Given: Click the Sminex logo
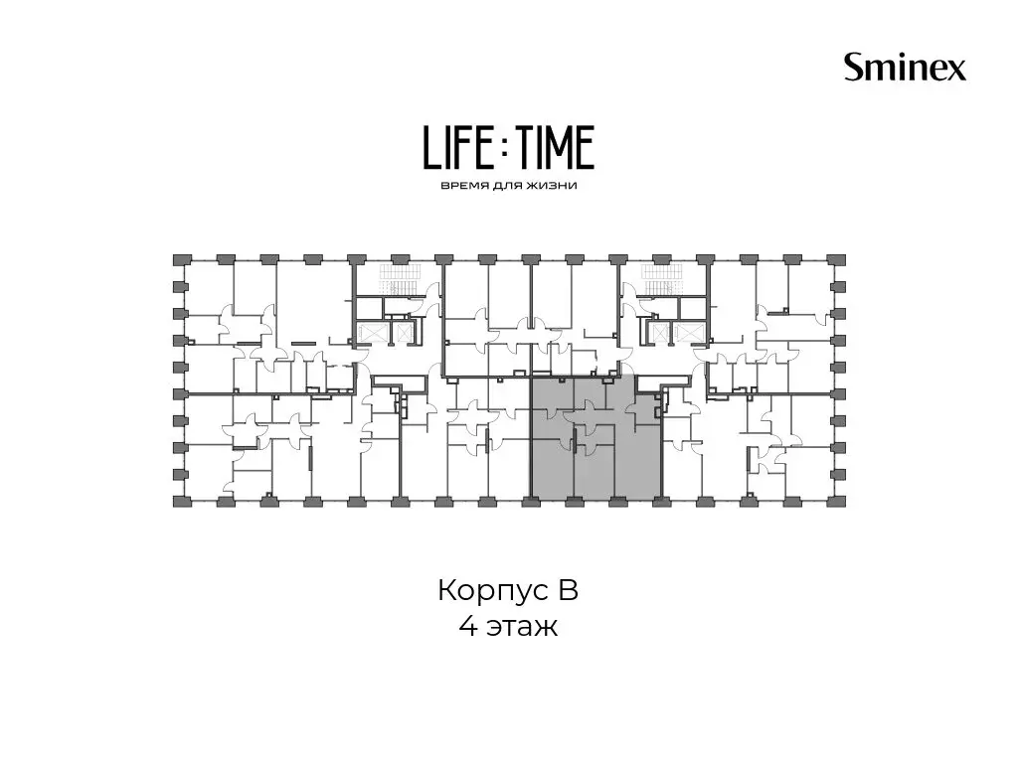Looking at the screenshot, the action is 905,67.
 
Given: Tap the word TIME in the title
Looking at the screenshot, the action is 554,147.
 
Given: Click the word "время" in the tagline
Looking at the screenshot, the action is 461,186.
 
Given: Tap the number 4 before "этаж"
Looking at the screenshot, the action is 468,627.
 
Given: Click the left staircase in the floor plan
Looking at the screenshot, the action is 402,279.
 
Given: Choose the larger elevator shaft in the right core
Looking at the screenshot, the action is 686,333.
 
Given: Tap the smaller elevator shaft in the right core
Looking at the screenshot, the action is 658,333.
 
